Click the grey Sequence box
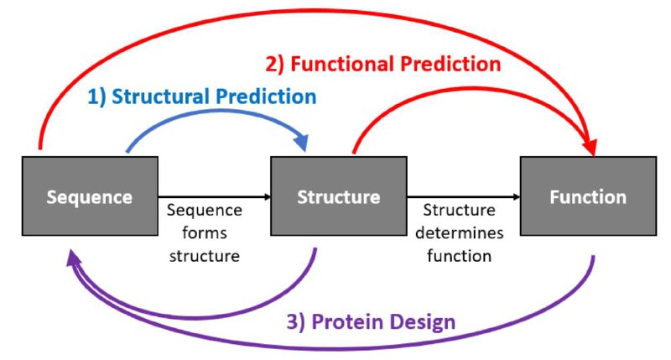point(90,196)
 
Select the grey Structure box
point(339,196)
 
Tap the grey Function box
point(588,196)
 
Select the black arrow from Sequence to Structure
point(215,197)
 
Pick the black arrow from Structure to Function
point(464,197)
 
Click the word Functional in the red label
point(342,65)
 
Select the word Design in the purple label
point(423,322)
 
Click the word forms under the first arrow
point(205,232)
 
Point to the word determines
point(459,232)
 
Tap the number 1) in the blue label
point(96,97)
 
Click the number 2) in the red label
point(275,65)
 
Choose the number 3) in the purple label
point(296,322)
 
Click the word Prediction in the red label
point(450,65)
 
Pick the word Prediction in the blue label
point(266,97)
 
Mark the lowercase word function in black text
point(459,256)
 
